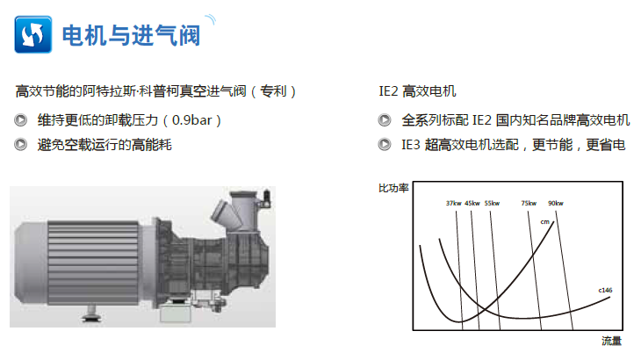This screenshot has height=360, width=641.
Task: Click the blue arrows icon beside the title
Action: click(33, 34)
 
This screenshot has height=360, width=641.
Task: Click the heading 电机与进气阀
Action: click(131, 35)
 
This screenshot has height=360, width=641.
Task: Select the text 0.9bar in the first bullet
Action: click(191, 120)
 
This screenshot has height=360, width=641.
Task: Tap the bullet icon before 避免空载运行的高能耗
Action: click(20, 145)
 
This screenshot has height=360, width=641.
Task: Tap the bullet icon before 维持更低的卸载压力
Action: click(20, 120)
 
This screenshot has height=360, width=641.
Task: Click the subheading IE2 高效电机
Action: click(417, 91)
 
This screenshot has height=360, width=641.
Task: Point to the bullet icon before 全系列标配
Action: click(385, 120)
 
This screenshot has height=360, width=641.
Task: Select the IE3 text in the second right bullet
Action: click(410, 145)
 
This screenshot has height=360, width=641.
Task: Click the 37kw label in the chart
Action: click(453, 203)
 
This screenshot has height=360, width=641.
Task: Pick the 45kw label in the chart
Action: click(472, 203)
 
